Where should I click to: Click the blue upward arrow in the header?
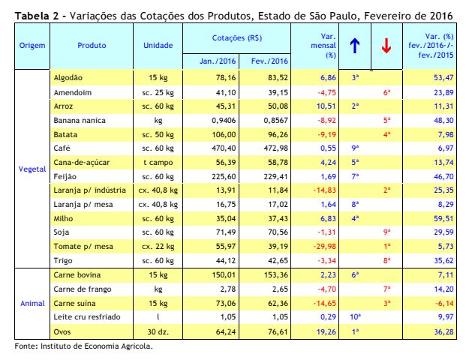[x=355, y=46]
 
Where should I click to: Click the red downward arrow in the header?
[x=386, y=46]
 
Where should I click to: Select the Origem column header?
[x=32, y=46]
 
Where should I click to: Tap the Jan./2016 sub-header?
[x=218, y=61]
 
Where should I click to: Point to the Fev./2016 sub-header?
[x=269, y=61]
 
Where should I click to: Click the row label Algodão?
[x=68, y=78]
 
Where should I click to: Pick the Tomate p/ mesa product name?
[x=83, y=247]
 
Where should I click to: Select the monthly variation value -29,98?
[x=324, y=247]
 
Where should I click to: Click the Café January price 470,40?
[x=224, y=148]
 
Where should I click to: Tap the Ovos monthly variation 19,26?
[x=326, y=332]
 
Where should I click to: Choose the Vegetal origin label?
[x=32, y=169]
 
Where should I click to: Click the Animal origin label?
[x=32, y=304]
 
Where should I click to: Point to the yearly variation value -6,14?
[x=444, y=304]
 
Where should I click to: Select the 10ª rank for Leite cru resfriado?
[x=355, y=316]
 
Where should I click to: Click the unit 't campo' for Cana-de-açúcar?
[x=158, y=163]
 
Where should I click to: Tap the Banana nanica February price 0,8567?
[x=276, y=121]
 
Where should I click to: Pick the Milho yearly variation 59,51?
[x=444, y=218]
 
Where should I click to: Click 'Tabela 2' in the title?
[x=37, y=16]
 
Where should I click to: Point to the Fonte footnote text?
[x=84, y=346]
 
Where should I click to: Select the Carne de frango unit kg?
[x=158, y=289]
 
